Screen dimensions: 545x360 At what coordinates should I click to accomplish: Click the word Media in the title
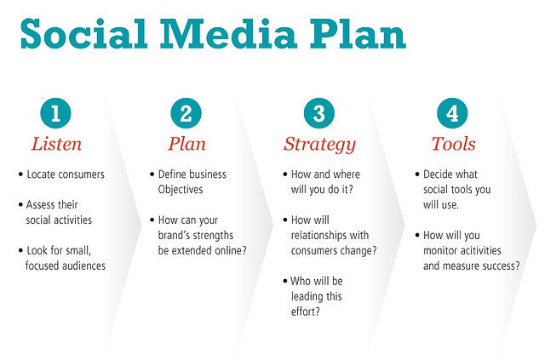click(x=228, y=34)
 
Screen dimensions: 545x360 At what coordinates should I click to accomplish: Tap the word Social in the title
click(x=83, y=33)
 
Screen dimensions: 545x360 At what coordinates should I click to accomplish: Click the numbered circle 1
click(x=55, y=113)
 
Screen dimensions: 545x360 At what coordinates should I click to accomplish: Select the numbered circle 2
click(x=186, y=113)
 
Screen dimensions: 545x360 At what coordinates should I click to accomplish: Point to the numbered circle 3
click(x=319, y=113)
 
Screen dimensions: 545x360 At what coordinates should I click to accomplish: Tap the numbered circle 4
click(x=452, y=113)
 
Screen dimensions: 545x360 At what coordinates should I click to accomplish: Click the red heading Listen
click(x=57, y=144)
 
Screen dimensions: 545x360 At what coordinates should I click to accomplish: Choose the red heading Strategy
click(x=320, y=146)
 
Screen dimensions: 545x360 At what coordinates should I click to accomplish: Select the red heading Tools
click(x=454, y=144)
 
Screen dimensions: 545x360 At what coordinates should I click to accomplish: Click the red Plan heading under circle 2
click(x=187, y=144)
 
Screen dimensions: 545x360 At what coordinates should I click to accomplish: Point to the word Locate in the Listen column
click(x=40, y=174)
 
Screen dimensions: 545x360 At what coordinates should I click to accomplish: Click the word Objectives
click(x=181, y=190)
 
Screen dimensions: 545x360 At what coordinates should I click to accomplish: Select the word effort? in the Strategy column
click(x=305, y=311)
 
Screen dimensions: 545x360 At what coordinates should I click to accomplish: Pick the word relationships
click(x=318, y=236)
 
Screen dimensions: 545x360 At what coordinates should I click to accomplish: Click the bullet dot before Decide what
click(x=417, y=174)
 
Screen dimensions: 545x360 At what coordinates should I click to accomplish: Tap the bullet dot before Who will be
click(x=285, y=281)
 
